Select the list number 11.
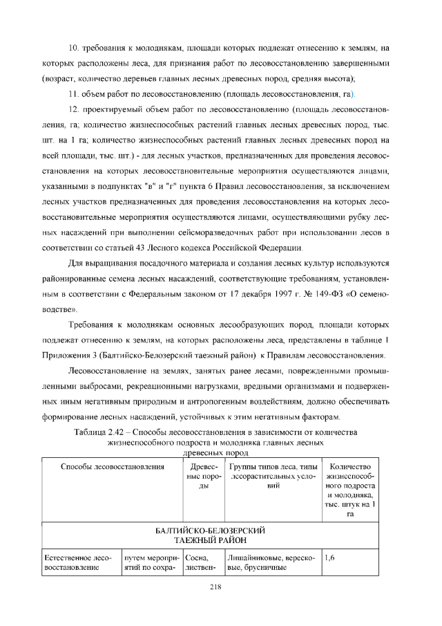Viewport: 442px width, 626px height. tap(73, 93)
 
